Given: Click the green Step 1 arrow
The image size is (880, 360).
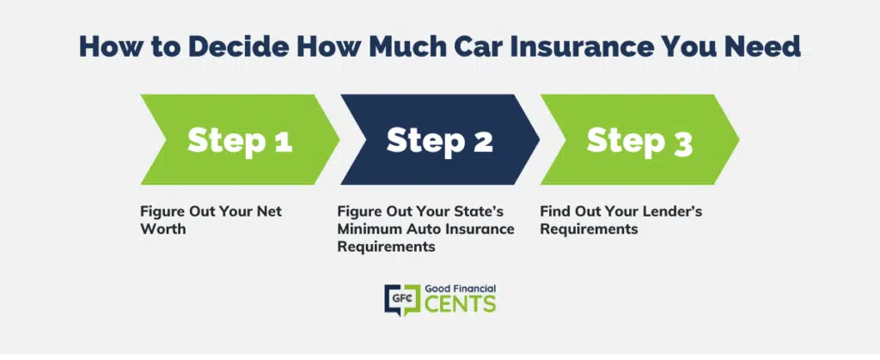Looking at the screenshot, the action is tap(240, 140).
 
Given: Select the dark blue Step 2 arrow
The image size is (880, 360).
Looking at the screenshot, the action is tap(439, 140).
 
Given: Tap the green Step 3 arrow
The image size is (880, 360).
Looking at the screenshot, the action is tap(639, 140).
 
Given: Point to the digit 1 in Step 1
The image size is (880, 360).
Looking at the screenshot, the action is tap(283, 140).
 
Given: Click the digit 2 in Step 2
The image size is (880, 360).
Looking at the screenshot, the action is tap(483, 140).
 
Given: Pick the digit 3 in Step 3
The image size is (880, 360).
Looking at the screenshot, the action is tap(682, 142).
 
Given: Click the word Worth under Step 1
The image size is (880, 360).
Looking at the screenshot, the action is tap(162, 229).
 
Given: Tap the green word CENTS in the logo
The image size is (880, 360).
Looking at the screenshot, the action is tap(461, 303).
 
